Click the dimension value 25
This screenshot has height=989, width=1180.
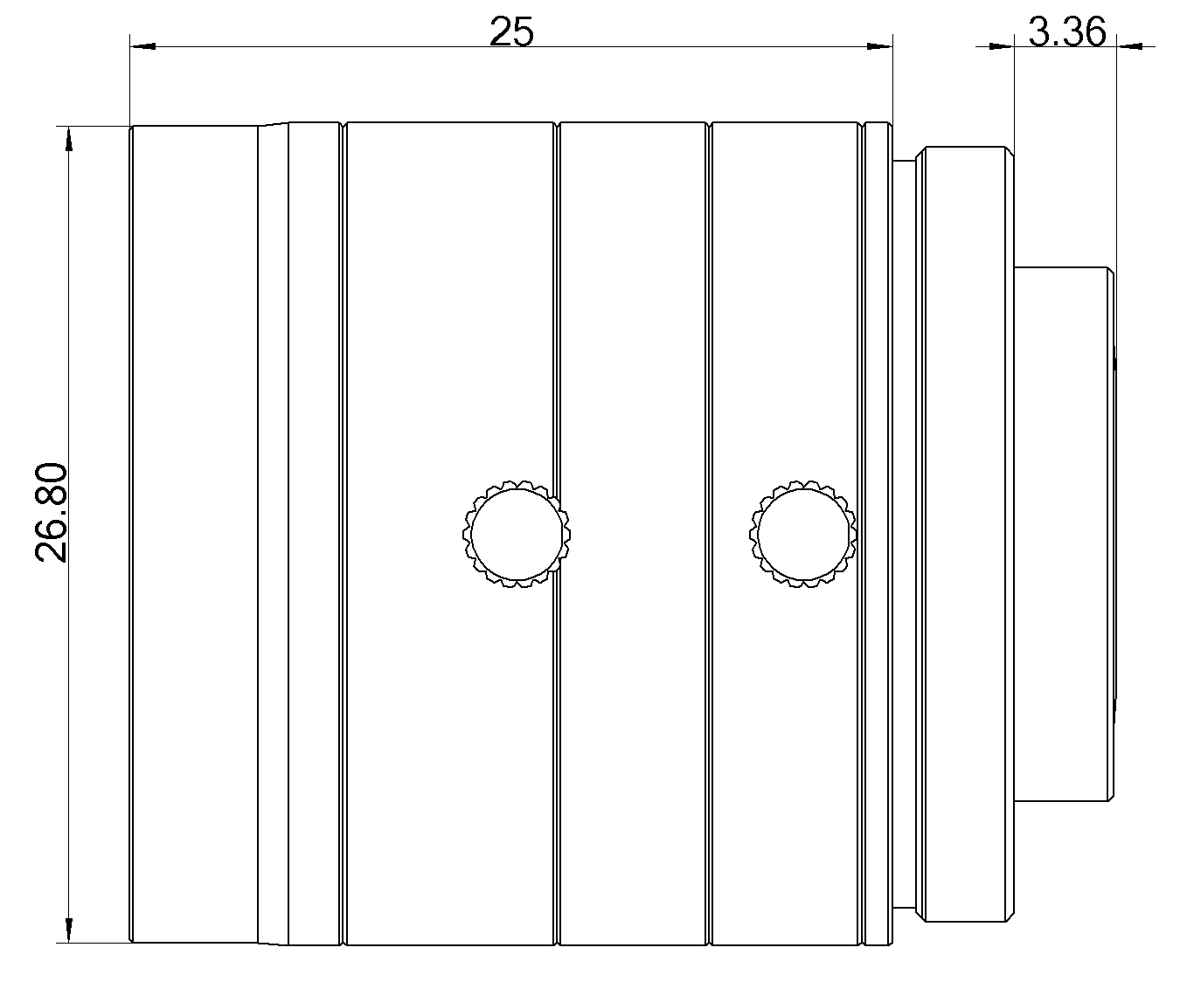pyautogui.click(x=511, y=32)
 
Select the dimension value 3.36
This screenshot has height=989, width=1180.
pyautogui.click(x=1066, y=32)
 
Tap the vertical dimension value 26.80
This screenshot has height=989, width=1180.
pyautogui.click(x=51, y=513)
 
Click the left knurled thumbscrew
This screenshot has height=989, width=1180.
pyautogui.click(x=511, y=534)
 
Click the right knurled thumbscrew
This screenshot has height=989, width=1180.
pyautogui.click(x=802, y=534)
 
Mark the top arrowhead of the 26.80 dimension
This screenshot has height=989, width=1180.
pyautogui.click(x=67, y=140)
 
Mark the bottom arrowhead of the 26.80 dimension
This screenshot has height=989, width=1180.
pyautogui.click(x=67, y=930)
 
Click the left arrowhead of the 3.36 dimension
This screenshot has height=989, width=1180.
pyautogui.click(x=1000, y=46)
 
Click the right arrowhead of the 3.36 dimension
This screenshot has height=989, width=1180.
pyautogui.click(x=1129, y=46)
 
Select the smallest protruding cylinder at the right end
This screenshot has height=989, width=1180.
pyautogui.click(x=1064, y=533)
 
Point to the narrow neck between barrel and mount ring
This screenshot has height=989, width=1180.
pyautogui.click(x=903, y=533)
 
